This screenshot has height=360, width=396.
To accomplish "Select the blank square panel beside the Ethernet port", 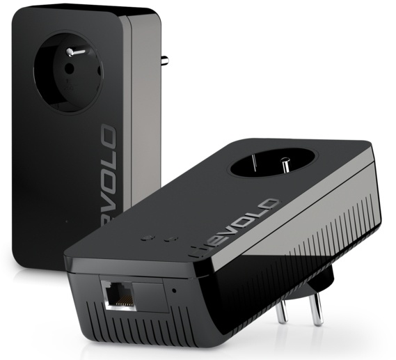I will pyautogui.click(x=148, y=295).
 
